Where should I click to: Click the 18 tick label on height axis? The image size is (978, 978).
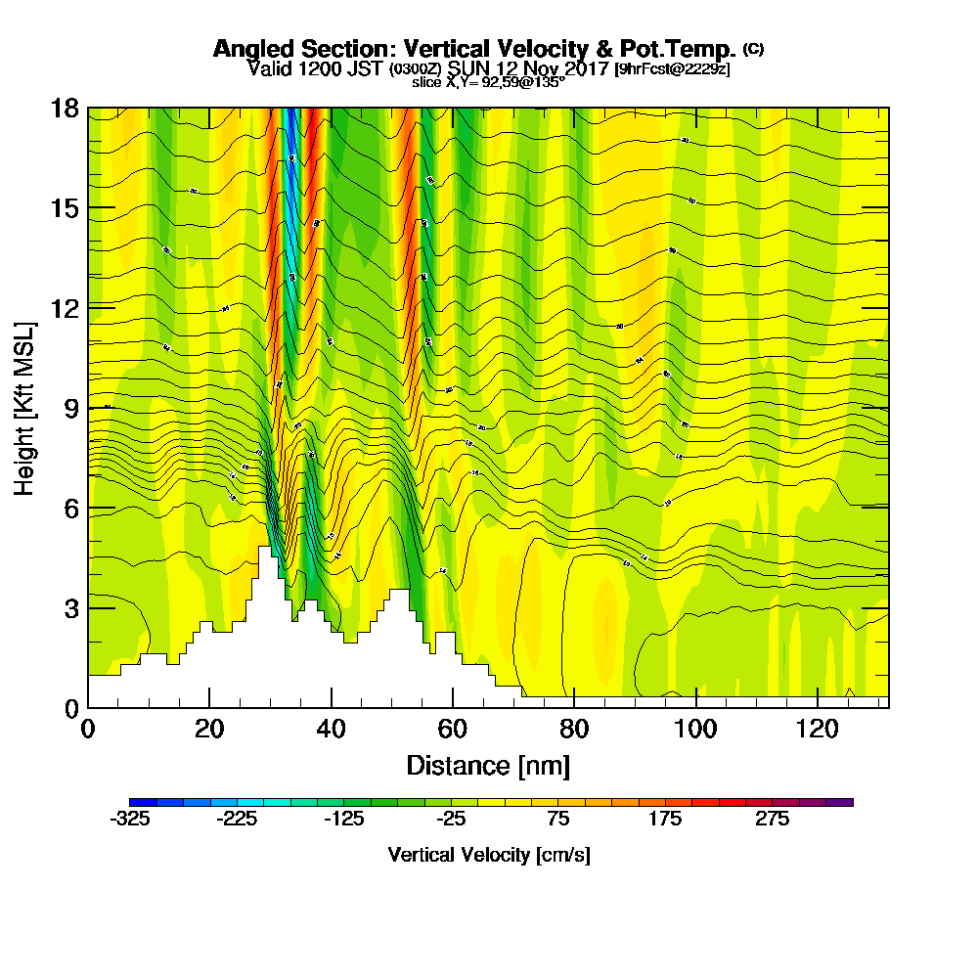[x=64, y=108]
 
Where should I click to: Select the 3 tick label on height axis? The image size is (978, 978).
[x=70, y=607]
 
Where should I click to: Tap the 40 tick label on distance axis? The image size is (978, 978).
[x=332, y=729]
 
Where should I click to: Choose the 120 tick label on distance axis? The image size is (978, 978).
[x=817, y=729]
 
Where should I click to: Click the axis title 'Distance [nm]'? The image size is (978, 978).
[x=488, y=765]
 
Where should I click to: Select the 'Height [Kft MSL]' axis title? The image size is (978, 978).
[x=24, y=407]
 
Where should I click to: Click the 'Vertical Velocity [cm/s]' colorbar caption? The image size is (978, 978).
[x=488, y=855]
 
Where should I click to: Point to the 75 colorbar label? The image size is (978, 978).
[x=557, y=821]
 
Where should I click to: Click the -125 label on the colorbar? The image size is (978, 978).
[x=343, y=821]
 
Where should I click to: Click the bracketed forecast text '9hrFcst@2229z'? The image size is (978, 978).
[x=672, y=69]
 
